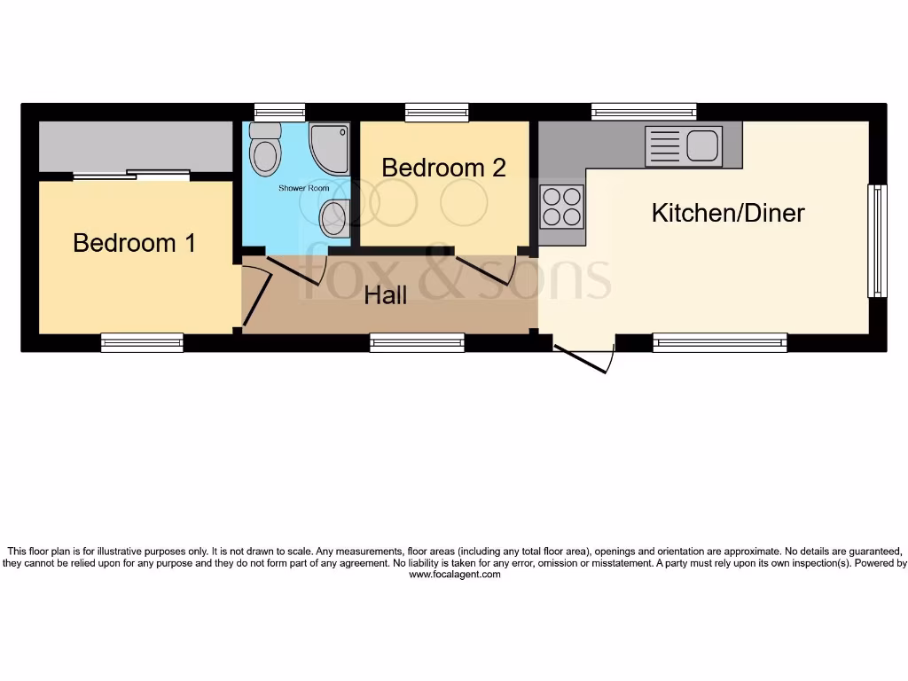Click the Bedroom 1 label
(x=134, y=242)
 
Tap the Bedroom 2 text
(x=443, y=168)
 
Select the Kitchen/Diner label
(x=728, y=213)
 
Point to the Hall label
(x=386, y=295)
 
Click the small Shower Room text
(x=303, y=188)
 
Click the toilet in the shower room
(x=265, y=151)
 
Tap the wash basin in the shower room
(x=334, y=217)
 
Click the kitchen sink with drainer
(x=685, y=145)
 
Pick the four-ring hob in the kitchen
(x=562, y=207)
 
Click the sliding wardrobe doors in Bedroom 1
(x=131, y=176)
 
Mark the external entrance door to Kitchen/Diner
(x=584, y=359)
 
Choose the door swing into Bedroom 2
(x=484, y=269)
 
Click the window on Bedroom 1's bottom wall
(x=142, y=342)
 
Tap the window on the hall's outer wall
(x=417, y=342)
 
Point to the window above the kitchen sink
(x=644, y=112)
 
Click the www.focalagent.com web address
(x=454, y=575)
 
